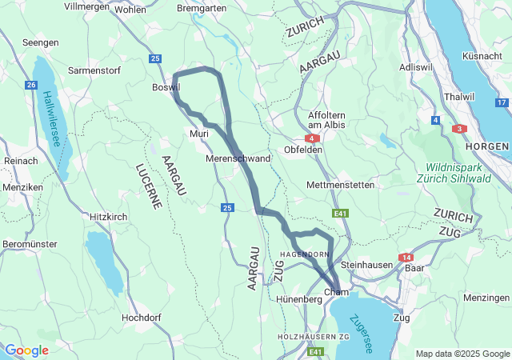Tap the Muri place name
(198, 134)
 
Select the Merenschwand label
(238, 158)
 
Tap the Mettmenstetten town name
(340, 185)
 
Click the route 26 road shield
(31, 85)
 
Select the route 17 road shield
(502, 102)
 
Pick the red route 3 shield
(459, 128)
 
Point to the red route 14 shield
(407, 257)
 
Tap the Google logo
(26, 350)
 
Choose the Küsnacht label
(482, 56)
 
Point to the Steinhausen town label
(365, 264)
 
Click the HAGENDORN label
(304, 254)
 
